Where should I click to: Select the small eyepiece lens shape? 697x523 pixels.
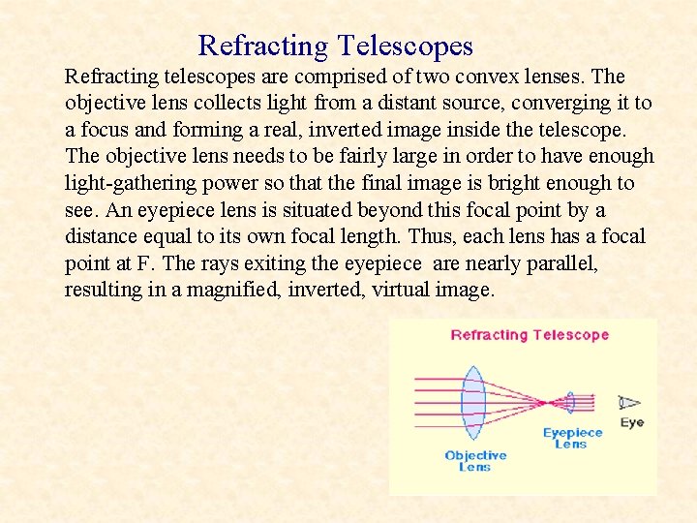tap(570, 402)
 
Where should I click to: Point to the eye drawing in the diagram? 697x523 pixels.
tap(630, 402)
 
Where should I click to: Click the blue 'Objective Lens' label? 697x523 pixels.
tap(475, 461)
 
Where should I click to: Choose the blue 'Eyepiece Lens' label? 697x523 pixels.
tap(572, 438)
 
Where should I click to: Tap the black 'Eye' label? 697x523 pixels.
tap(632, 422)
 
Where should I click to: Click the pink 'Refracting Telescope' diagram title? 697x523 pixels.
tap(530, 335)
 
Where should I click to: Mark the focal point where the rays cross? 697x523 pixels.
tap(548, 402)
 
